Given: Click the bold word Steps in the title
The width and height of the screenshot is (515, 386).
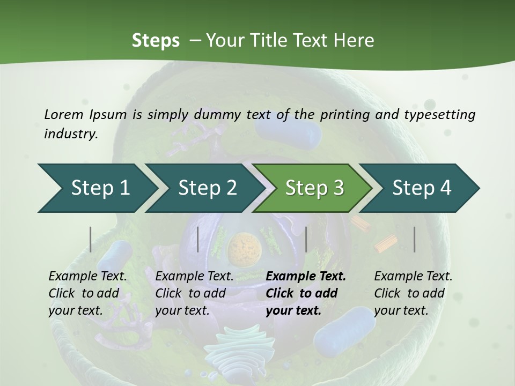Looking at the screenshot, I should coord(156,41).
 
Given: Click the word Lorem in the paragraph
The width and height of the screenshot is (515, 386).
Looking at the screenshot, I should coord(63,114).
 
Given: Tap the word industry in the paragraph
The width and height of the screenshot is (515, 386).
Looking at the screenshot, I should coord(70,133).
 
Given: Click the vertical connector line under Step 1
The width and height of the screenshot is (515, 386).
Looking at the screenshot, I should coord(91,239).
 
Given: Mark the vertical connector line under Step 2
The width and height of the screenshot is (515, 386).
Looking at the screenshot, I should coord(198,239).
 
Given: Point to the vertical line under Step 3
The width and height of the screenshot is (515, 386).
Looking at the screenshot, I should coord(306,239).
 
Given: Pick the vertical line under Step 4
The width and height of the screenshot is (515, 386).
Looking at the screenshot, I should coord(415,239).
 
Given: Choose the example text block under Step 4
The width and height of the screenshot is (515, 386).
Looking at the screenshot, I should coord(413,293).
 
